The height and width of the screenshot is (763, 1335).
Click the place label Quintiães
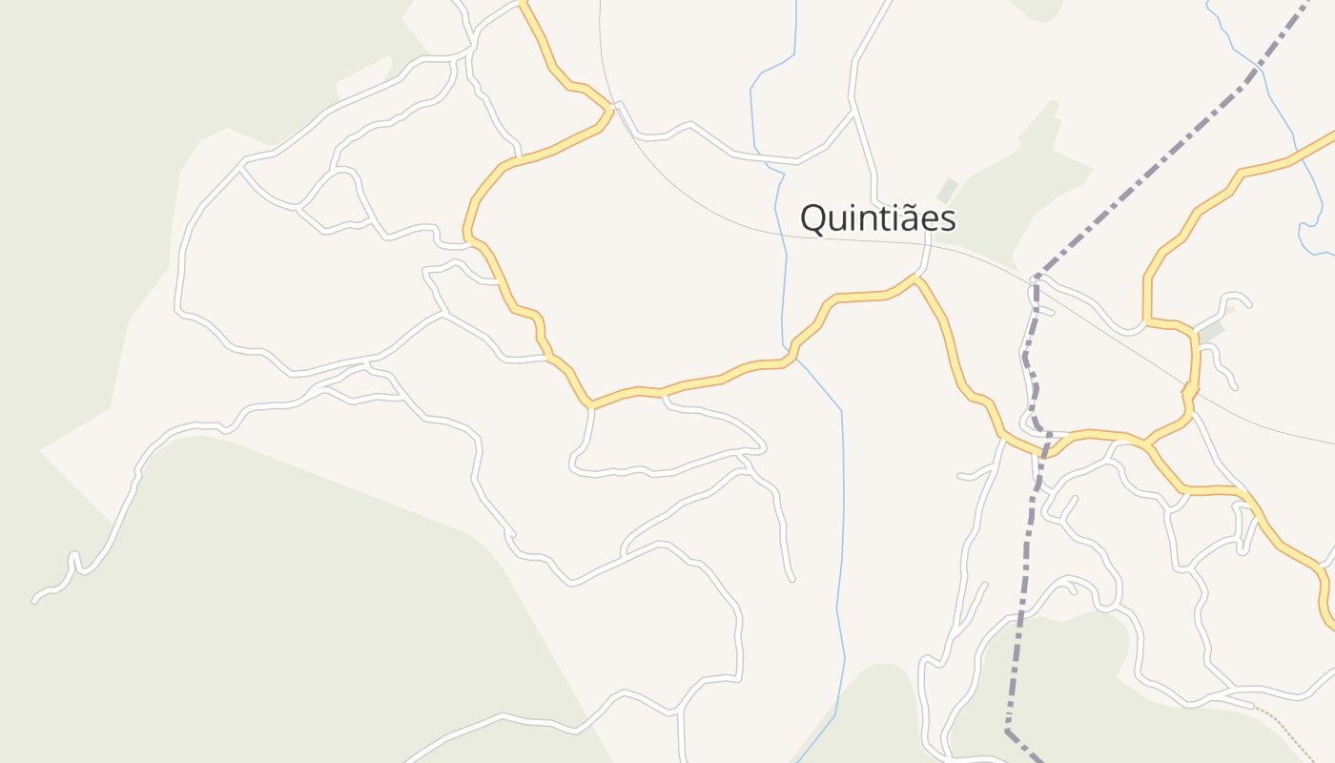point(877,218)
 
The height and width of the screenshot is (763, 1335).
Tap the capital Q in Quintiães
point(813,219)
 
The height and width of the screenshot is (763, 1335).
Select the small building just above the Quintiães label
point(946,190)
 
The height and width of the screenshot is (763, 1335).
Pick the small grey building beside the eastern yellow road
point(1211,331)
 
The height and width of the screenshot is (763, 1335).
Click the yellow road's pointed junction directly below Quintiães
point(915,278)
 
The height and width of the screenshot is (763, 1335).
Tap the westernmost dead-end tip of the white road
point(35,600)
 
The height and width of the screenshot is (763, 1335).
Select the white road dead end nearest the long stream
point(791,578)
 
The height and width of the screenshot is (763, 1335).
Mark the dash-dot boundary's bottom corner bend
point(1007,732)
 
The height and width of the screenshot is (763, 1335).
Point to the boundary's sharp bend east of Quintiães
point(1037,277)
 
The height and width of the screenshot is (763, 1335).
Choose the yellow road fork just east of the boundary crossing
point(1147,443)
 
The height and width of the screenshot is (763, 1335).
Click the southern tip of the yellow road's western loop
point(592,405)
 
